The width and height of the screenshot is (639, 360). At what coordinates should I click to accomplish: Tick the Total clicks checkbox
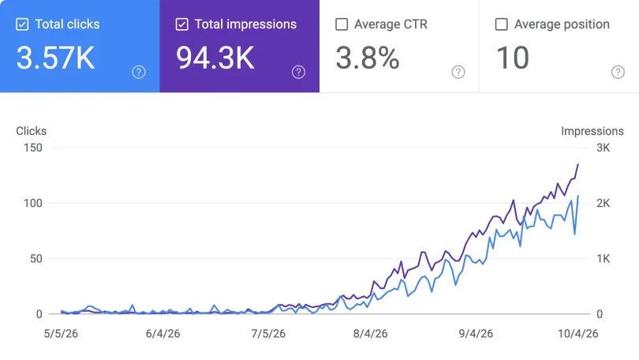tap(22, 24)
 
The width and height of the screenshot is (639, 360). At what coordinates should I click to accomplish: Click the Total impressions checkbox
tap(181, 24)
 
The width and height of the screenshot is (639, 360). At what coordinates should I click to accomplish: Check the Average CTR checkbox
tap(342, 24)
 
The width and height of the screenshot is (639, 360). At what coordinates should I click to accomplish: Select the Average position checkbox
tap(501, 24)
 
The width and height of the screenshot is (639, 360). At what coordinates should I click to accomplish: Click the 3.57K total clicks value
tap(55, 58)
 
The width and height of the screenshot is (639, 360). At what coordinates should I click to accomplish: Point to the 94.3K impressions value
tap(215, 58)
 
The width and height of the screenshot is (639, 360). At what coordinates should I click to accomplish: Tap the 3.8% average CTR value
tap(368, 58)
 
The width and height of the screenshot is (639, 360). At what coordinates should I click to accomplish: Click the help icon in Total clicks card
tap(139, 72)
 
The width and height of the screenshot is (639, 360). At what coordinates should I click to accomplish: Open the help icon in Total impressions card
tap(298, 72)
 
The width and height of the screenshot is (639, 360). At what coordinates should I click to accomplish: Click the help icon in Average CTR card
tap(458, 72)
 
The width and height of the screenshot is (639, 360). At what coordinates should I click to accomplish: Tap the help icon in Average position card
tap(618, 72)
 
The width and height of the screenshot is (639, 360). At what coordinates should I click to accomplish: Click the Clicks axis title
tap(32, 131)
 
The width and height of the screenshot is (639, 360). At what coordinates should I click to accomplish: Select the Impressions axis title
tap(592, 131)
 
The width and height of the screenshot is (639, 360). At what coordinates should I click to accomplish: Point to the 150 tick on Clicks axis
tap(33, 148)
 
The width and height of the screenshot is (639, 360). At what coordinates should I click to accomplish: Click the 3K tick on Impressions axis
tap(603, 148)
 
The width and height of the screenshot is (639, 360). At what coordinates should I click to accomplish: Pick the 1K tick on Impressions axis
tap(603, 258)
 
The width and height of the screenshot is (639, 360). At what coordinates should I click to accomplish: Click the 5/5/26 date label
tap(61, 333)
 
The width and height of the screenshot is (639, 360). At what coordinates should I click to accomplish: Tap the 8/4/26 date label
tap(370, 333)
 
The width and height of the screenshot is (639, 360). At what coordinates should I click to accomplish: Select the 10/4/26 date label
tap(578, 333)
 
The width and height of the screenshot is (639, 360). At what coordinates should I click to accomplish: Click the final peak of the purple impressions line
tap(578, 164)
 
